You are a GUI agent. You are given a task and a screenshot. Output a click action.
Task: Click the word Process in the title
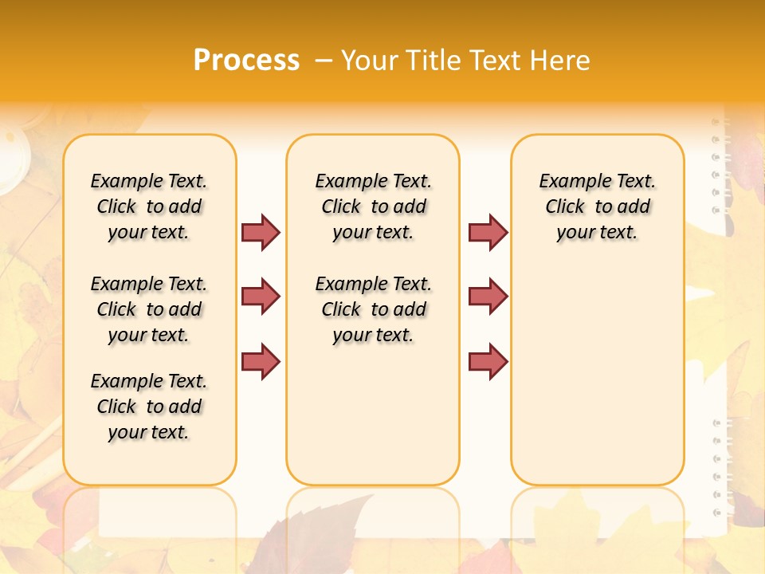pos(246,60)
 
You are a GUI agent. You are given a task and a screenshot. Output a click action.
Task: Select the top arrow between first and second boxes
pos(261,232)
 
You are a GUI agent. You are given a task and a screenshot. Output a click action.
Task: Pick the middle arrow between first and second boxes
pos(261,297)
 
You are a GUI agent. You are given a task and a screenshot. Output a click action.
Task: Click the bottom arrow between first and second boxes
pos(261,361)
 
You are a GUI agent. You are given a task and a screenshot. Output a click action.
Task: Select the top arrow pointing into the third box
pos(488,232)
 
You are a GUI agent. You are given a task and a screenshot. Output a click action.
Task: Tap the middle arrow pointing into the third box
pos(488,297)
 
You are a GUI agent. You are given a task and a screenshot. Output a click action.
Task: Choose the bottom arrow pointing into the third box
pos(488,361)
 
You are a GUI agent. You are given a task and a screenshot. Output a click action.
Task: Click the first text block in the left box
pos(149,206)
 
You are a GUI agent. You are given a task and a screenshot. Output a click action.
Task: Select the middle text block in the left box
pos(149,309)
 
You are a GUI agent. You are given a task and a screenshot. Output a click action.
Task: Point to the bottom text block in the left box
pos(149,407)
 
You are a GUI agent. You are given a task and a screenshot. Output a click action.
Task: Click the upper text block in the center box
pos(373,206)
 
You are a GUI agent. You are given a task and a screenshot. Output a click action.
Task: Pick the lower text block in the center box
pos(373,309)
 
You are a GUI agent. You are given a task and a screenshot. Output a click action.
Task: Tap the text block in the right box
pos(597,206)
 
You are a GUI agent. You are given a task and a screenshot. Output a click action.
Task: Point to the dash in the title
pos(323,61)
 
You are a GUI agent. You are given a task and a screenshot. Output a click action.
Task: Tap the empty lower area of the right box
pos(597,375)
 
